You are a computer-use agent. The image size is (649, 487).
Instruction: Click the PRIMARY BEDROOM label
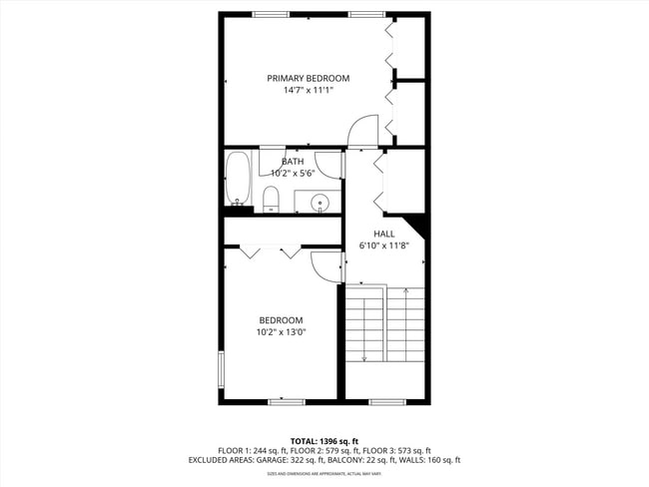pos(308,78)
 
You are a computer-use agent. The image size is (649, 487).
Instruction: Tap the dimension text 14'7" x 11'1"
pos(308,90)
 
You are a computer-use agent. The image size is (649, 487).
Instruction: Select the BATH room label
pos(293,162)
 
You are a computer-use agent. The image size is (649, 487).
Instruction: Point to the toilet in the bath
pos(271,199)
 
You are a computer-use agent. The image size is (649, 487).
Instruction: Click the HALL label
pos(384,234)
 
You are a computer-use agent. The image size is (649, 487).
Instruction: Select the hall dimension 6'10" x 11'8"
pos(384,245)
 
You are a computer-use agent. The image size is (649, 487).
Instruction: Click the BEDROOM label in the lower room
pos(281,320)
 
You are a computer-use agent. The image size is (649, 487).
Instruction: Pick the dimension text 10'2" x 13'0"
pos(281,332)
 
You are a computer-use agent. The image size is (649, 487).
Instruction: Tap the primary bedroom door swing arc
pos(361,130)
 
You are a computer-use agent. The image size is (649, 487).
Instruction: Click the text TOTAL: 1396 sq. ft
pos(324,440)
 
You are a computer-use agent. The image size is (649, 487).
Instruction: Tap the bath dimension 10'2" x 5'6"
pos(293,173)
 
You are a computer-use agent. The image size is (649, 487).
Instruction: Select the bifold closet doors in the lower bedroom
pos(270,252)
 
